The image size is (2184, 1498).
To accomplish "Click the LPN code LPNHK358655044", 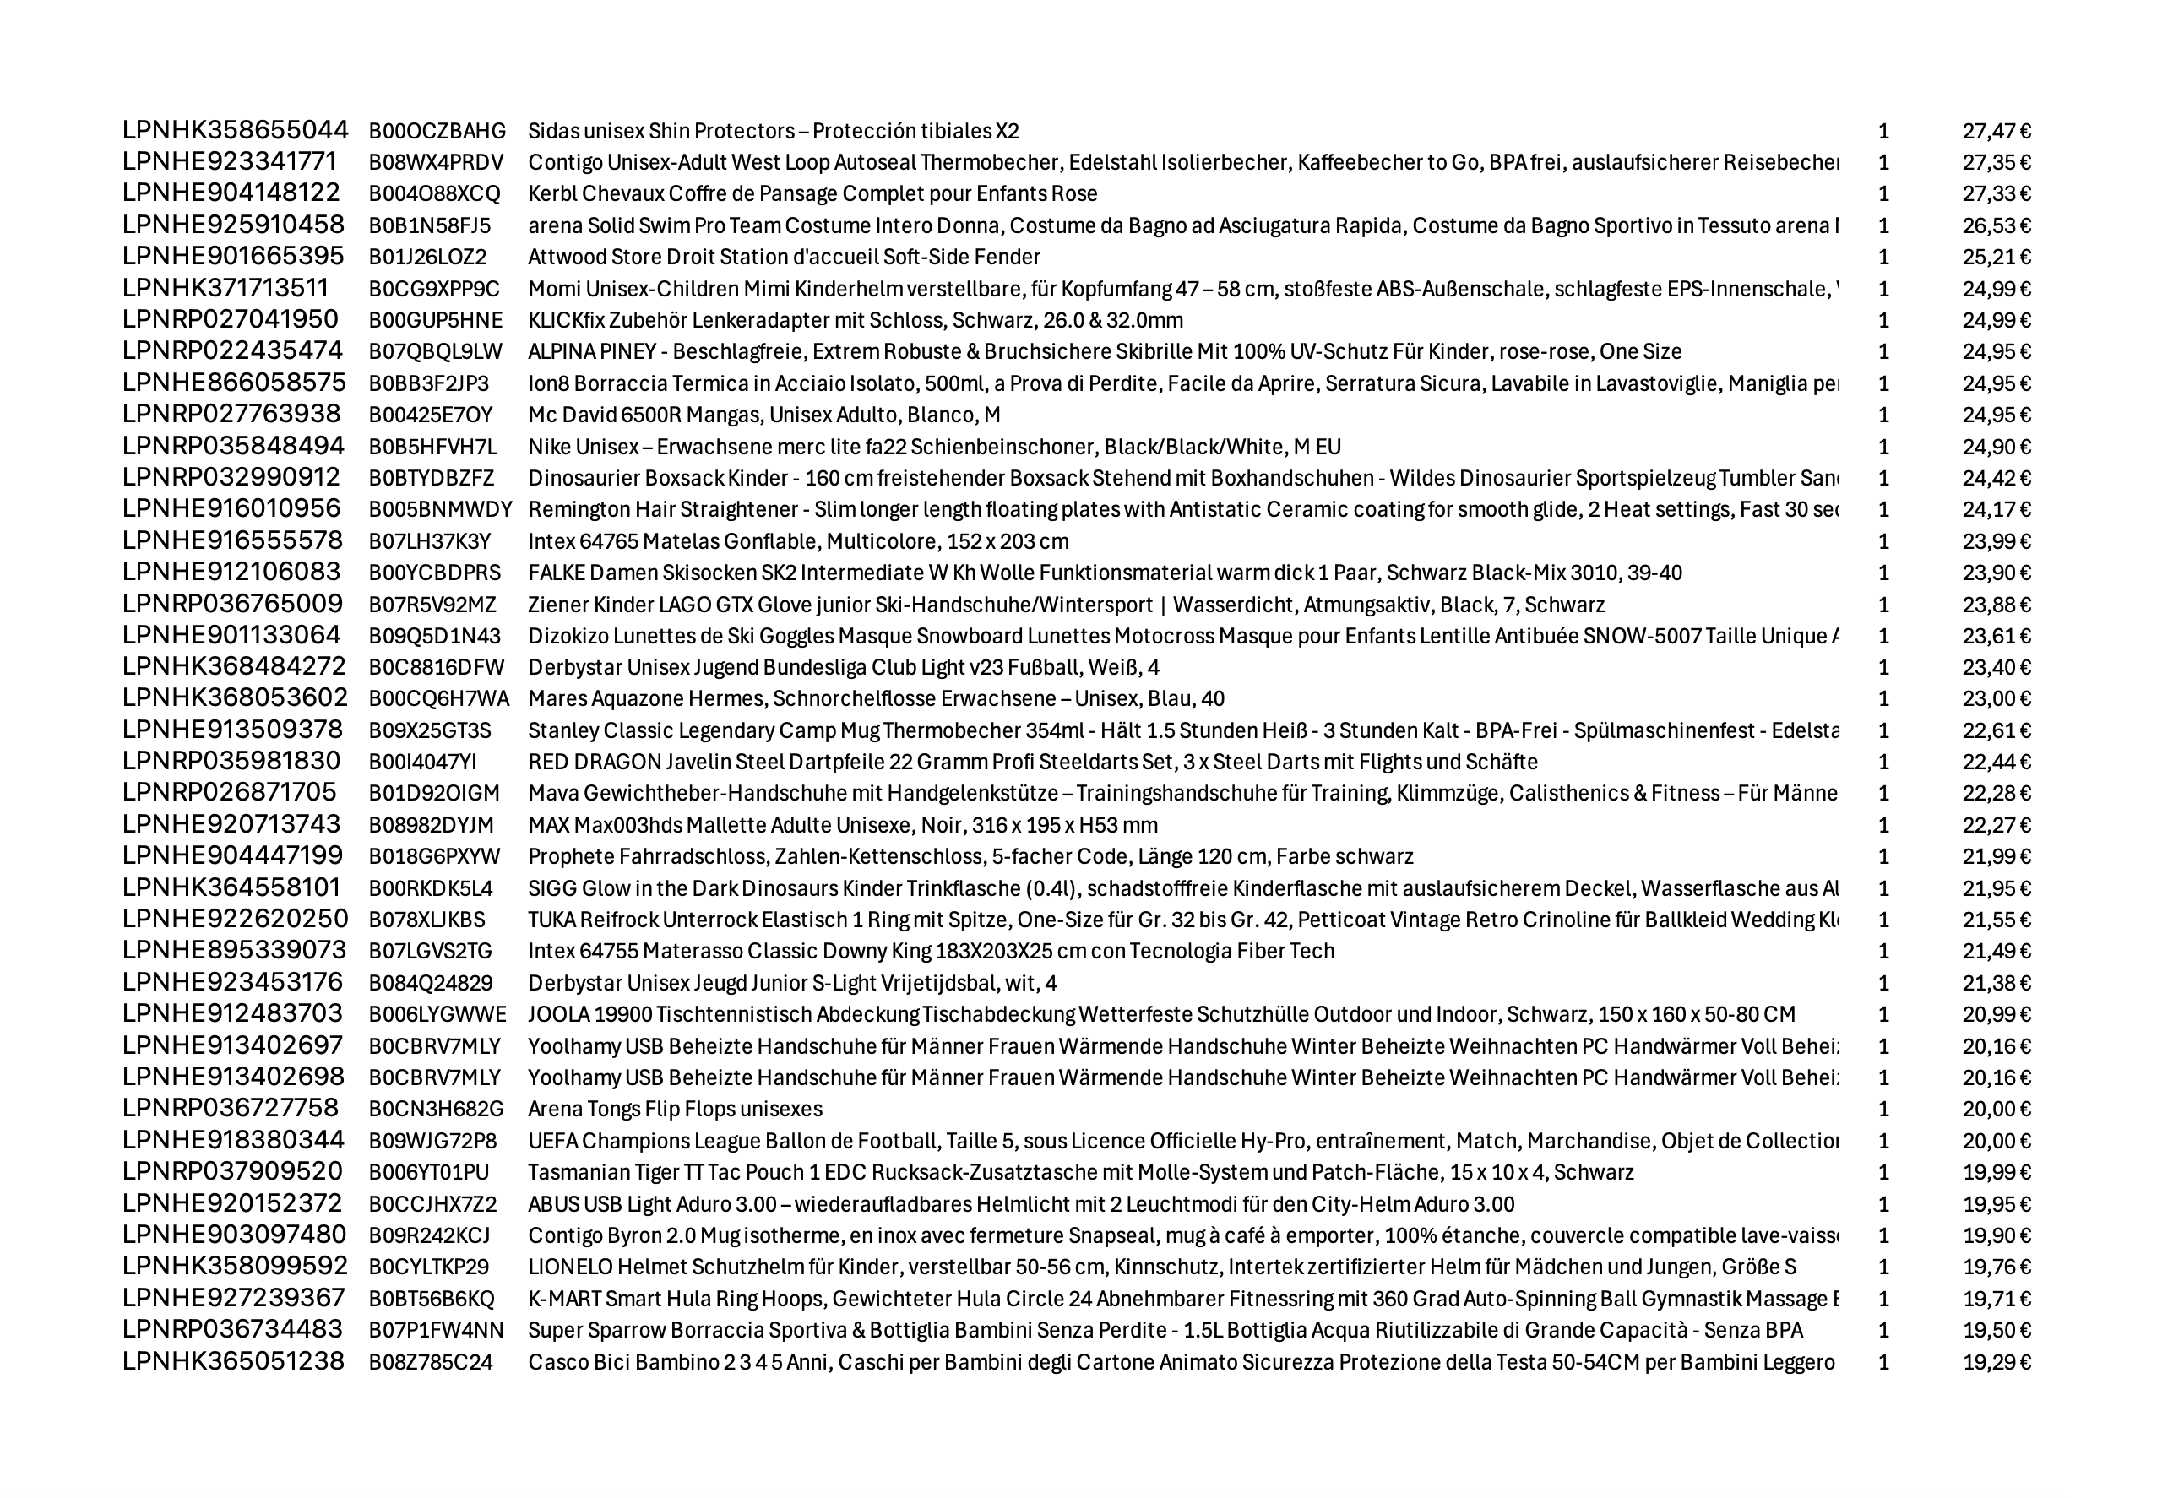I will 235,130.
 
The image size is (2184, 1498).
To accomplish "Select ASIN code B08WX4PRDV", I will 436,161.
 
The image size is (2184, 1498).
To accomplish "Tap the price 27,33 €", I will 1996,193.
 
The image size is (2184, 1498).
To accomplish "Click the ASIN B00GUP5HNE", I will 435,321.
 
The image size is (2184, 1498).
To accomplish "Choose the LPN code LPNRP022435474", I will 232,350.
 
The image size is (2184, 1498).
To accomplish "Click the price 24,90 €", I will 1996,447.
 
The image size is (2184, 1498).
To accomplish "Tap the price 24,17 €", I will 1996,509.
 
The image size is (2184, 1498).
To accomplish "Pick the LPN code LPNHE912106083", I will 231,573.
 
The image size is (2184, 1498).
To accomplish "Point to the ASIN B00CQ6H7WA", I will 439,699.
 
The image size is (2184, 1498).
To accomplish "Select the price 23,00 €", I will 1996,699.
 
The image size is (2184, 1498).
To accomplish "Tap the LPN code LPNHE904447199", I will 232,856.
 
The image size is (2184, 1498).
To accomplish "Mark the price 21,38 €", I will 1996,983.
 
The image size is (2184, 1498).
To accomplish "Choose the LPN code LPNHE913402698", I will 233,1077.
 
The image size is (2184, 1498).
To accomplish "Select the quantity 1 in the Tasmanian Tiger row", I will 1882,1173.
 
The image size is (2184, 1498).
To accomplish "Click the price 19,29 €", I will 1996,1362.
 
